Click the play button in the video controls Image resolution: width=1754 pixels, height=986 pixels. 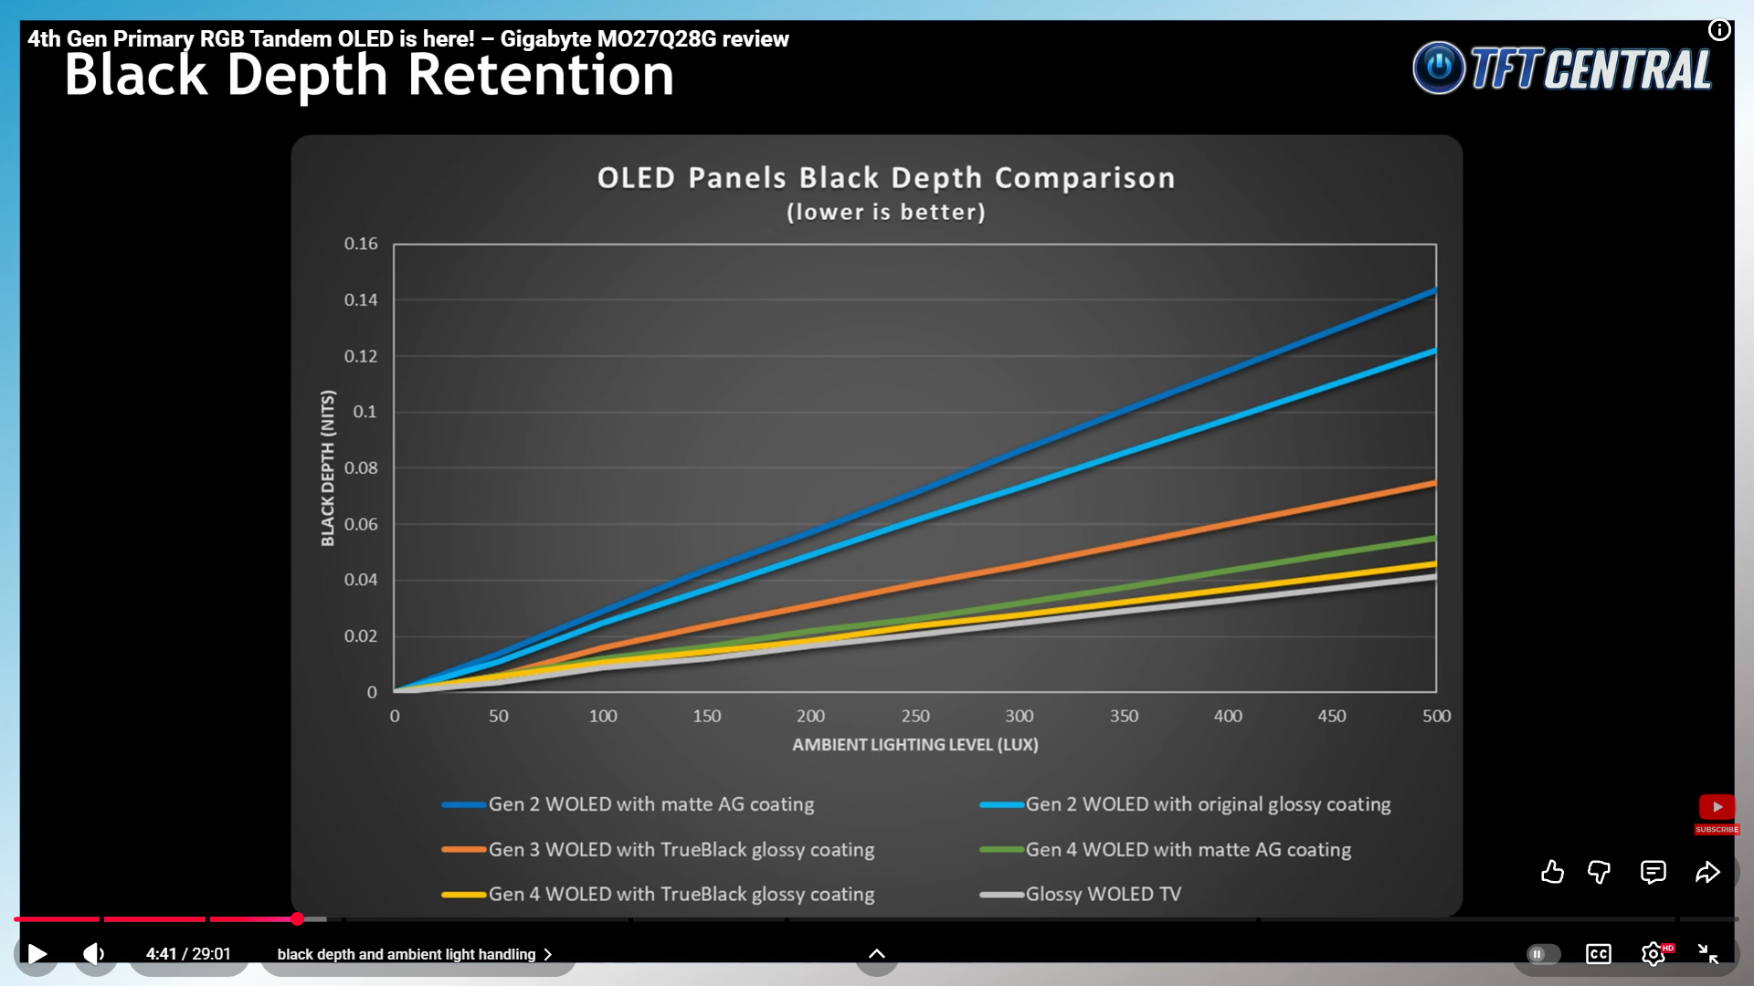pos(37,954)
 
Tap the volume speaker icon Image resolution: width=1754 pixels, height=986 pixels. pos(94,954)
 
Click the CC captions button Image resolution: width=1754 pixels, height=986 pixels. pos(1599,954)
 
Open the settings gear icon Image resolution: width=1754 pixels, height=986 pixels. pos(1653,954)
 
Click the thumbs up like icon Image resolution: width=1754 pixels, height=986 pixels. pos(1552,873)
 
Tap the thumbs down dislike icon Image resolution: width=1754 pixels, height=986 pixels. pos(1599,873)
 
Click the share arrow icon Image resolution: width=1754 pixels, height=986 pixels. pos(1707,873)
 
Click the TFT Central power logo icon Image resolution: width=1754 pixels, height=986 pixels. pos(1439,68)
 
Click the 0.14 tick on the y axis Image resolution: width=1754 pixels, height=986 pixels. pos(361,300)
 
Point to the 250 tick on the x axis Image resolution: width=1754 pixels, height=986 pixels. pos(915,717)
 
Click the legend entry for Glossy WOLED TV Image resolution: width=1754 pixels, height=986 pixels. pos(1103,895)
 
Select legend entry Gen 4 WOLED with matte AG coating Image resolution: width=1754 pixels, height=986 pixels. pos(1188,850)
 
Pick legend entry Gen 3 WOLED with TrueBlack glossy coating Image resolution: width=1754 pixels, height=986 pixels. pos(681,850)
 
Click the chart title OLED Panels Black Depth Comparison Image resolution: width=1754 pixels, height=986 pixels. pos(885,178)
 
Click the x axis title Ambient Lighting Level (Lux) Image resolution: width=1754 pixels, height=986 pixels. pos(914,745)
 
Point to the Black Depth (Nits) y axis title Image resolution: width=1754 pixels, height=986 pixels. pos(328,468)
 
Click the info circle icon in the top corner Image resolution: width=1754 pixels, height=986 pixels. pos(1719,30)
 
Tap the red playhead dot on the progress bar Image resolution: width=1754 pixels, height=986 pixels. pos(298,919)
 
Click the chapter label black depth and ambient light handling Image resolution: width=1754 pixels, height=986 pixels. pos(407,954)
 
